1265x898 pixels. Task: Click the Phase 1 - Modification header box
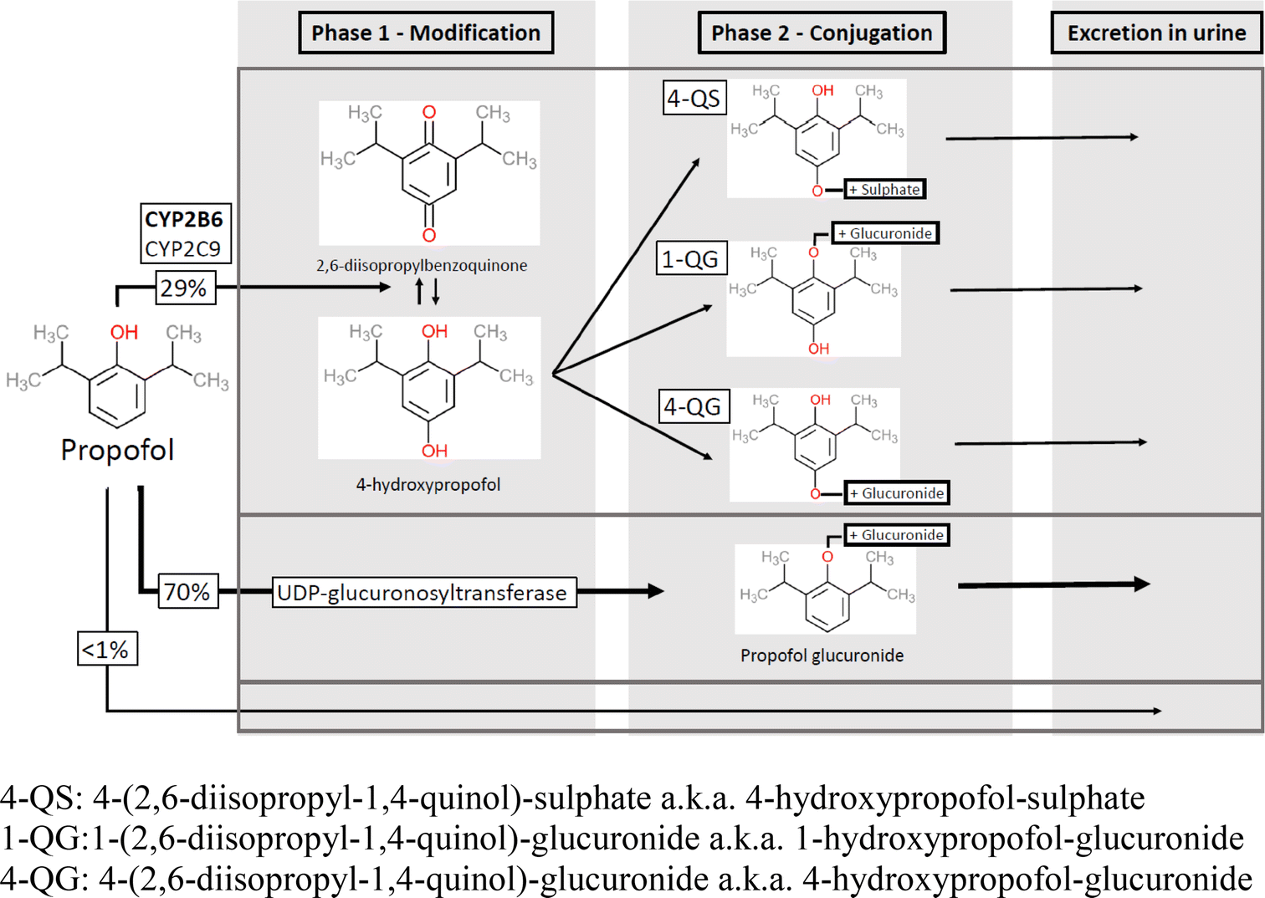pos(426,33)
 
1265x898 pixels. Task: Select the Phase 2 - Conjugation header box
pos(822,33)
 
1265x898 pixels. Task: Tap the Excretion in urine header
pos(1156,33)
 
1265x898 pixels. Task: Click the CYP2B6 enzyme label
pos(184,219)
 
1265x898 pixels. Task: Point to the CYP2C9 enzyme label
pos(183,249)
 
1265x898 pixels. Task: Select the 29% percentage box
pos(184,288)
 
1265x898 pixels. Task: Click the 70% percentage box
pos(187,592)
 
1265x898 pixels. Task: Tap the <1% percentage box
pos(106,650)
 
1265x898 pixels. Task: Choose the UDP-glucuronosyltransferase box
pos(423,593)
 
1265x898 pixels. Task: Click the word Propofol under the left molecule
pos(117,450)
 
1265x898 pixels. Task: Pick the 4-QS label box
pos(694,99)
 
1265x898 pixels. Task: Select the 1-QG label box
pos(690,259)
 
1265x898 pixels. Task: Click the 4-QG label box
pos(693,407)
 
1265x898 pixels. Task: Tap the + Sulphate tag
pos(884,190)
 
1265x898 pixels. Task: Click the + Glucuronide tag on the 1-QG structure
pos(885,233)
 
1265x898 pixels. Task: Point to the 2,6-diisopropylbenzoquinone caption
pos(422,266)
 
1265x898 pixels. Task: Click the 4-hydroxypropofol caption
pos(428,485)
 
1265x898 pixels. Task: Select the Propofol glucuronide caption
pos(822,656)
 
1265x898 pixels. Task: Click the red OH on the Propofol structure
pos(124,332)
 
